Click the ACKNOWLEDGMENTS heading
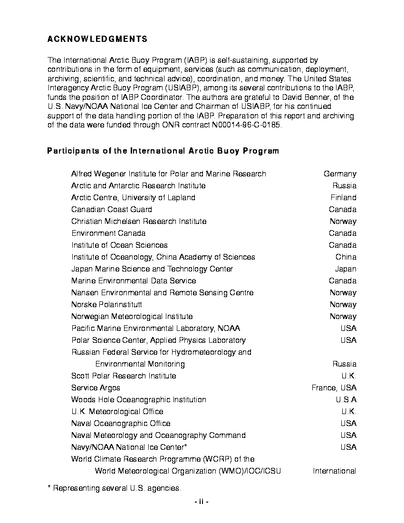coord(97,39)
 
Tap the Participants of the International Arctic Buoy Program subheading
coord(163,151)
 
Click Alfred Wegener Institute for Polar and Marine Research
coord(169,174)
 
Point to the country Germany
coord(340,174)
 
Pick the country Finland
coord(343,198)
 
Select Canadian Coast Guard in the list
coord(112,210)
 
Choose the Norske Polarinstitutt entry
coord(106,305)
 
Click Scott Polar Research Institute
coord(124,376)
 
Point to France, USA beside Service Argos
coord(334,388)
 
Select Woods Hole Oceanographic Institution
coord(139,400)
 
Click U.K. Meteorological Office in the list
coord(117,412)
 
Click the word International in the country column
coord(334,471)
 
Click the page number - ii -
coord(202,502)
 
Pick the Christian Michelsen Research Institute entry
coord(139,222)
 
